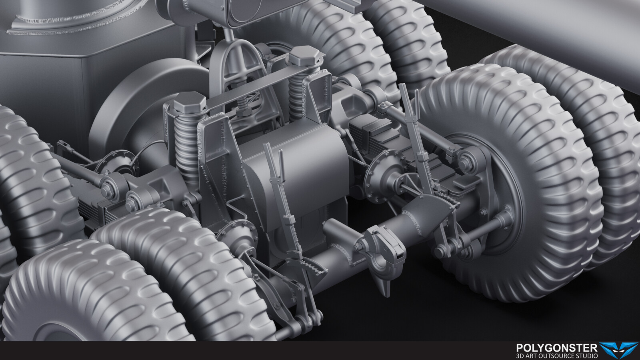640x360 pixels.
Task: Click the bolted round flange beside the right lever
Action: coord(380,176)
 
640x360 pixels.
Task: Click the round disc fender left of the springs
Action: coord(132,104)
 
